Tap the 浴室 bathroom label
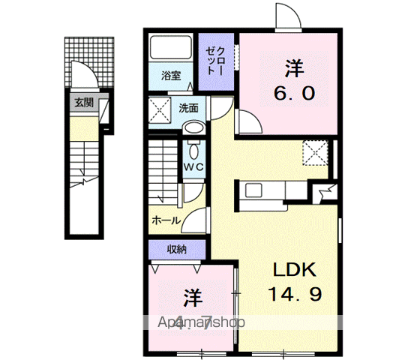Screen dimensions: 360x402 pyautogui.click(x=171, y=75)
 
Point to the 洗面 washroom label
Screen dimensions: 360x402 pyautogui.click(x=188, y=108)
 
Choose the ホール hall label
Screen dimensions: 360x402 pyautogui.click(x=166, y=220)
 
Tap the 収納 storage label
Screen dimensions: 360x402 pyautogui.click(x=176, y=249)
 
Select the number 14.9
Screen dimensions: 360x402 pyautogui.click(x=295, y=295)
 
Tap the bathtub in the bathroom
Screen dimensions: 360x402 pyautogui.click(x=171, y=51)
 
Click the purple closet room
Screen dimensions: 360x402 pyautogui.click(x=216, y=62)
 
